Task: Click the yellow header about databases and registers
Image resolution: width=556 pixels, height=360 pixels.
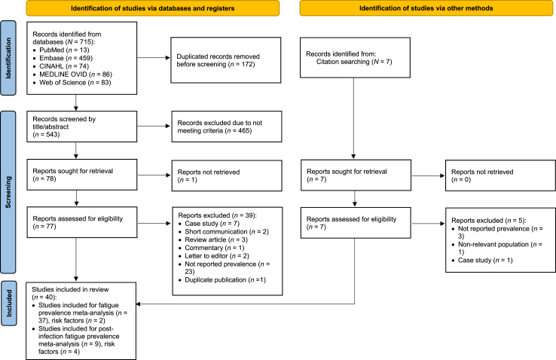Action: [x=153, y=8]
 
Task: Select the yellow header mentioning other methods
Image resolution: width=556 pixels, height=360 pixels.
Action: [x=426, y=8]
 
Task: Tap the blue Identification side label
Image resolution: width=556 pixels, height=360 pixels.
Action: [x=8, y=58]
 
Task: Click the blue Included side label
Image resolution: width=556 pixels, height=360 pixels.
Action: [x=9, y=303]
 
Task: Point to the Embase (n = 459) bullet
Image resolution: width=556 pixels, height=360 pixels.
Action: [x=66, y=58]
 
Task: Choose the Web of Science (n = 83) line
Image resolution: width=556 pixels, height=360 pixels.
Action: [x=75, y=83]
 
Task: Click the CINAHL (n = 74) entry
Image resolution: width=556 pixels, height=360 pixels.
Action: [x=64, y=66]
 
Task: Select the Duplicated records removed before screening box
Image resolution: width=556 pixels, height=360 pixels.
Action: [x=226, y=60]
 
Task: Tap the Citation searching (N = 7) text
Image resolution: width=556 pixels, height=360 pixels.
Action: [x=354, y=62]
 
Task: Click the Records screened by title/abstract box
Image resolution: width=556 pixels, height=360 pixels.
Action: [x=82, y=127]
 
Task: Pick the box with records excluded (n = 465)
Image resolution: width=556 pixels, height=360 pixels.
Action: [x=227, y=127]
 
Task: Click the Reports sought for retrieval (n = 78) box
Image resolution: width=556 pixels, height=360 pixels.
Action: [x=82, y=175]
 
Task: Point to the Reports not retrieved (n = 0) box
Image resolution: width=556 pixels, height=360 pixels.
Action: [x=501, y=175]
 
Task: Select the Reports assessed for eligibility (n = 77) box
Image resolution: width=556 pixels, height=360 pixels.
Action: [x=82, y=222]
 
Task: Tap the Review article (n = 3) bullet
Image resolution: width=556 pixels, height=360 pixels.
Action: [x=216, y=240]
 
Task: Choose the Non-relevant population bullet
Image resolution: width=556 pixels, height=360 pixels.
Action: [x=500, y=248]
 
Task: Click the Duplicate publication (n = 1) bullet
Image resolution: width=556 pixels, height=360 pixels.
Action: [x=225, y=280]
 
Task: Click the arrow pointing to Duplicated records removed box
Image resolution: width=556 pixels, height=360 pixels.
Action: [x=154, y=57]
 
